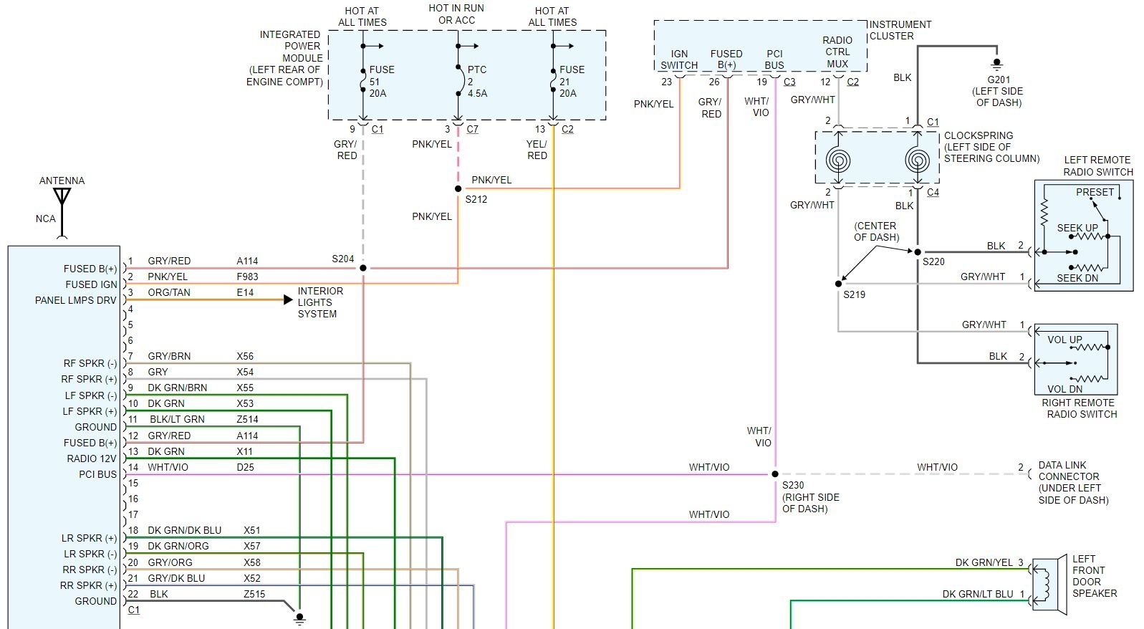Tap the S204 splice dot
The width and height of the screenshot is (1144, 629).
[363, 268]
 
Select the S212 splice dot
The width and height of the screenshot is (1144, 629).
[458, 189]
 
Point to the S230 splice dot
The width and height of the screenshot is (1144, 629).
[775, 474]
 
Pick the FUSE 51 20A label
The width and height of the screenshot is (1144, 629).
[380, 81]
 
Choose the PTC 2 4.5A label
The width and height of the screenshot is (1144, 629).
[477, 81]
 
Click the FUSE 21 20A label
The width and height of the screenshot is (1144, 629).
[571, 81]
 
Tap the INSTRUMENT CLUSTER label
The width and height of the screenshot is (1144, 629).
[900, 30]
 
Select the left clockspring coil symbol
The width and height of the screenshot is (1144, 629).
[837, 159]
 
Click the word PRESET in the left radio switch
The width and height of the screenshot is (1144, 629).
[1095, 192]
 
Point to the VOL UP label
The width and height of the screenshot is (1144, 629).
[1064, 340]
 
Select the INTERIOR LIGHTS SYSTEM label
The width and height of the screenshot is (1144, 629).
[319, 302]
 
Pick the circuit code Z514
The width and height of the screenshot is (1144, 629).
[247, 419]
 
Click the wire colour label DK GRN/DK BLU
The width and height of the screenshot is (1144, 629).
[184, 530]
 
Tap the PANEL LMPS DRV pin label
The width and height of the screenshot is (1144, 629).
[75, 300]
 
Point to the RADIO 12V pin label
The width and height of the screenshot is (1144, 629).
[91, 458]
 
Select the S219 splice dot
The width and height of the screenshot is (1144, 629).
[838, 284]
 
